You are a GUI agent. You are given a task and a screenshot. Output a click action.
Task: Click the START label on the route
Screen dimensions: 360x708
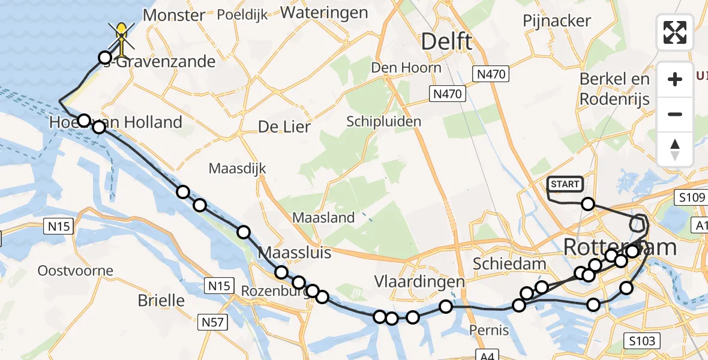pos(565,184)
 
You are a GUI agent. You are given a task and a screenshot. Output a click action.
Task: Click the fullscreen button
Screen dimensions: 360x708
pos(675,32)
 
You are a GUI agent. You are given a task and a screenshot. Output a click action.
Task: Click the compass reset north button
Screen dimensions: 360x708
pos(675,149)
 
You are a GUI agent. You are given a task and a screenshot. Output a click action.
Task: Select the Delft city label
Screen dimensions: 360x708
pos(446,42)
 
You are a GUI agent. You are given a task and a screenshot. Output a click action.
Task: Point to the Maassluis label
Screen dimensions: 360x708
pos(294,253)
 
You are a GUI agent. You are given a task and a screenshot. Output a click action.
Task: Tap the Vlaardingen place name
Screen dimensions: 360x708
pos(419,281)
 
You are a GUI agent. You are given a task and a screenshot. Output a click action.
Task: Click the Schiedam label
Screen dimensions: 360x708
pos(501,264)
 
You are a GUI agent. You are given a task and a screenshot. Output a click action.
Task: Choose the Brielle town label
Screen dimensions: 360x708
pos(161,300)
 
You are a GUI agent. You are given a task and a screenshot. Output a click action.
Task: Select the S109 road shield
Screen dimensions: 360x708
pos(692,197)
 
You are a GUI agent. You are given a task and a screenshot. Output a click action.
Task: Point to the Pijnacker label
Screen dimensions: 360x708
pos(557,21)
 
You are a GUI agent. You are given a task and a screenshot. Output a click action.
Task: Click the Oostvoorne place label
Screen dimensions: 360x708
pos(75,271)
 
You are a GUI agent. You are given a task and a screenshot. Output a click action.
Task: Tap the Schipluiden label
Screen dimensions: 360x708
pos(383,122)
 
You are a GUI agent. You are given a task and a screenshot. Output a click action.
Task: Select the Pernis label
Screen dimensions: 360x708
pos(490,330)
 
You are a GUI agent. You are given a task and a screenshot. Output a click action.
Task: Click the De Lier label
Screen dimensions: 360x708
pos(284,127)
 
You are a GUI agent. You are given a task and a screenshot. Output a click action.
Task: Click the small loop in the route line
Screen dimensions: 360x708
pos(639,223)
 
